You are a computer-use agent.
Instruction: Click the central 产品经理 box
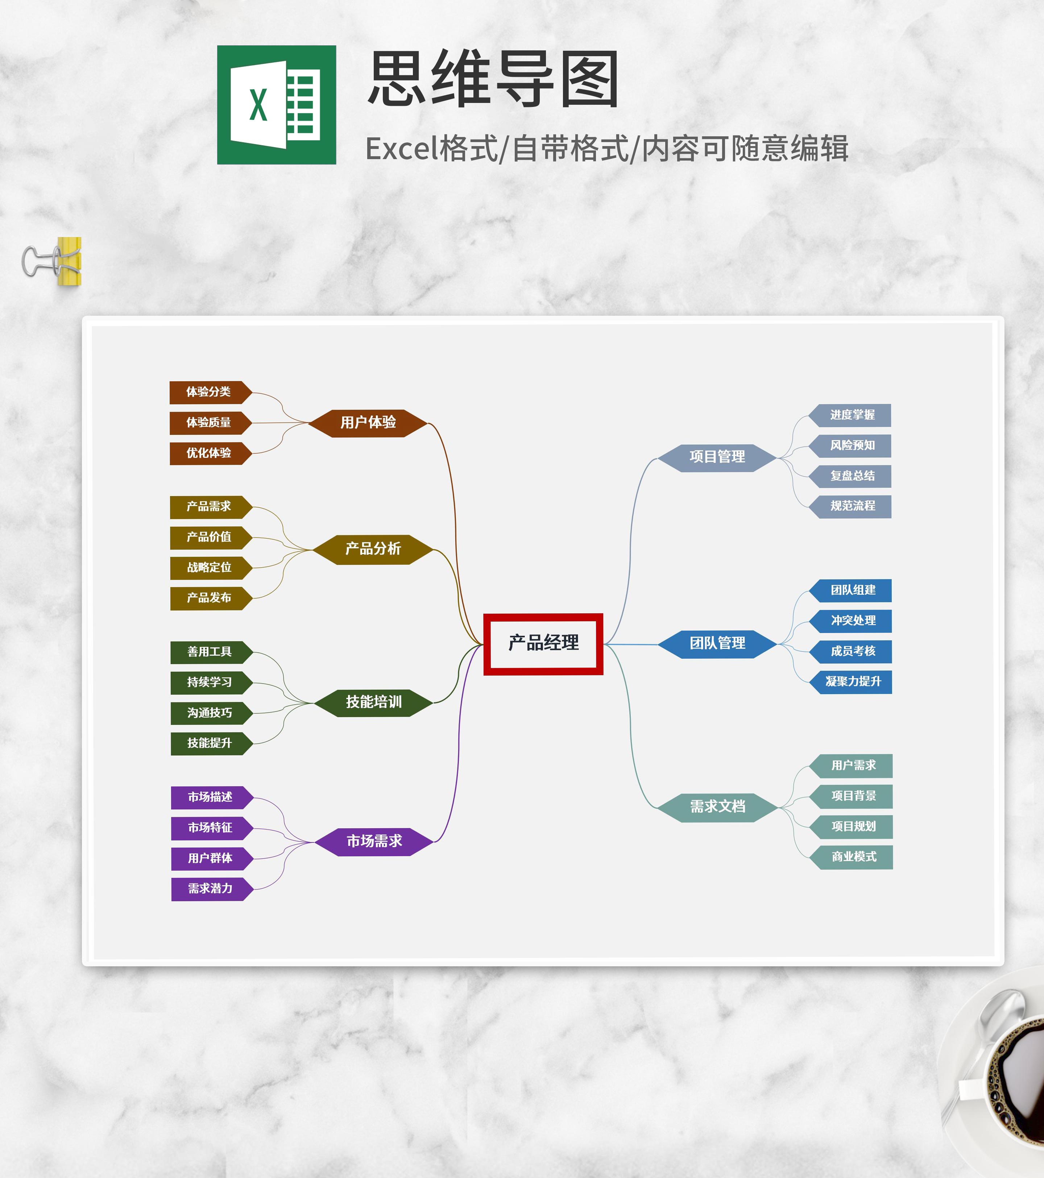(543, 644)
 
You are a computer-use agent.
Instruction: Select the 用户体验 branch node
(368, 423)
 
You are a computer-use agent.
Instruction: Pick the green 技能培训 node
(374, 702)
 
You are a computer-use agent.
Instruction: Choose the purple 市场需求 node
(374, 842)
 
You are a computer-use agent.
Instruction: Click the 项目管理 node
(717, 457)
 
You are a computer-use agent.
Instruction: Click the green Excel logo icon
(277, 105)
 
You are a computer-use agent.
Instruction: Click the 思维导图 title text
(493, 79)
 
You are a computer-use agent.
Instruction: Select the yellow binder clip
(52, 262)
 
